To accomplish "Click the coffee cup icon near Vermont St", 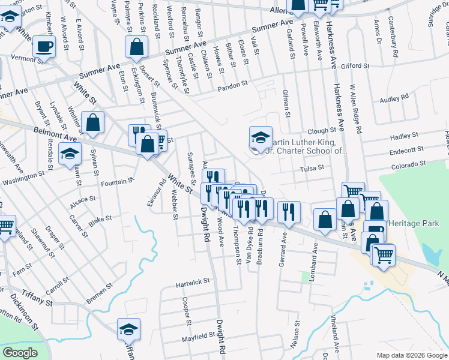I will coord(44,46).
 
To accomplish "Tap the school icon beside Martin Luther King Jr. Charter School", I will coord(261,137).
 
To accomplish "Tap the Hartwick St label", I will coord(192,281).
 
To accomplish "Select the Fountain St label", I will coord(118,181).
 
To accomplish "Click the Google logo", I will coord(20,353).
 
